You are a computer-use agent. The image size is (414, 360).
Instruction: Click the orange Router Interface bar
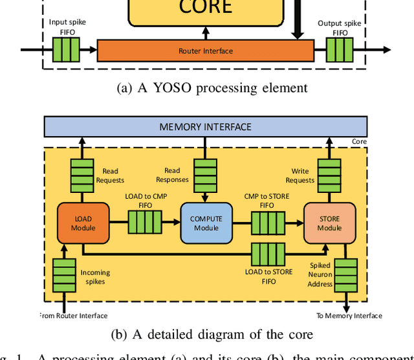click(205, 51)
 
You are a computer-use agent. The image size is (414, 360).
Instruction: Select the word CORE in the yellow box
click(206, 8)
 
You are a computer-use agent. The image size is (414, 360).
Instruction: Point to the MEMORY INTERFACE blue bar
click(205, 127)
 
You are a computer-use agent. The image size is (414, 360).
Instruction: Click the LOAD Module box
click(83, 223)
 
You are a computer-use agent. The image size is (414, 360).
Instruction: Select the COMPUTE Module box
click(206, 223)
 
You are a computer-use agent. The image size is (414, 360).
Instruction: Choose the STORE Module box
click(329, 223)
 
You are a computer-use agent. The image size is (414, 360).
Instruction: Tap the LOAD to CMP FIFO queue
click(145, 223)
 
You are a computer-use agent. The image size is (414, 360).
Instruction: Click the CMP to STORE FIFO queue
click(267, 223)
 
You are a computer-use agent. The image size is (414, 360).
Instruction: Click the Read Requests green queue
click(83, 172)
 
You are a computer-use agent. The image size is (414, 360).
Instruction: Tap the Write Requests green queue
click(329, 172)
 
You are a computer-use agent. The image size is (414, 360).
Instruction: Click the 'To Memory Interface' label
click(349, 316)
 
